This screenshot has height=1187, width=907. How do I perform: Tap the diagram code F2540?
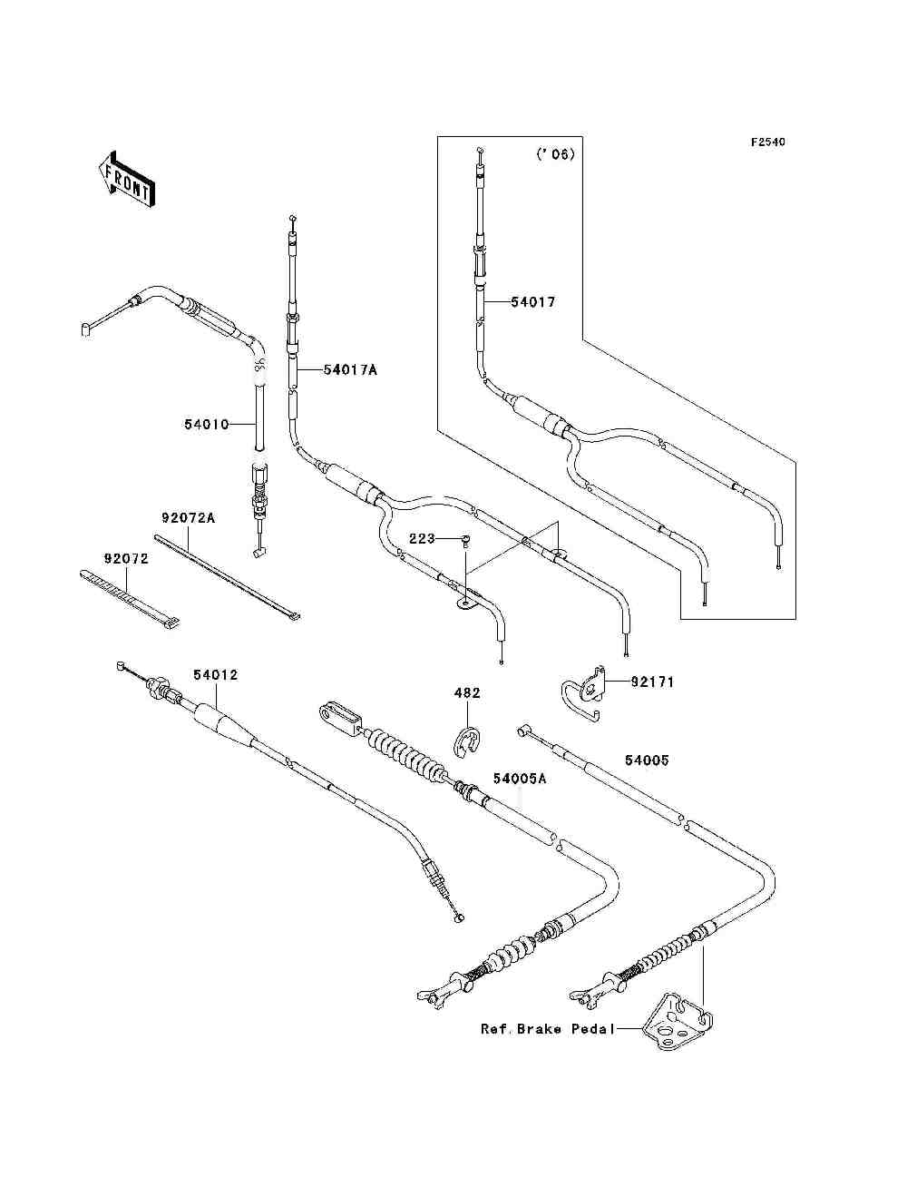pyautogui.click(x=767, y=142)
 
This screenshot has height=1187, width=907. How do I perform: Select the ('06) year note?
pyautogui.click(x=555, y=154)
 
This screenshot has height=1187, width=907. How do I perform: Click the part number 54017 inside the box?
pyautogui.click(x=533, y=302)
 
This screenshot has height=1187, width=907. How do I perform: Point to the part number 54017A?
pyautogui.click(x=350, y=370)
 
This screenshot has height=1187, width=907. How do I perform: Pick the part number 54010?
pyautogui.click(x=207, y=425)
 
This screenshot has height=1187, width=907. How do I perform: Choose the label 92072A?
pyautogui.click(x=188, y=518)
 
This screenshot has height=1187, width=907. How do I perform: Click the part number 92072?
pyautogui.click(x=126, y=558)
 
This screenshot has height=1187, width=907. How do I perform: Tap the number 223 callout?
pyautogui.click(x=422, y=539)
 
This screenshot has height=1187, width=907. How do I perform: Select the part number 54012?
pyautogui.click(x=216, y=675)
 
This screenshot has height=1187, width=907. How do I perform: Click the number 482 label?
pyautogui.click(x=467, y=692)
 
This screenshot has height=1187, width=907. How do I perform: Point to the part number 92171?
pyautogui.click(x=652, y=682)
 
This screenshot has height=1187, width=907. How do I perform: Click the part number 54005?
pyautogui.click(x=647, y=760)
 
